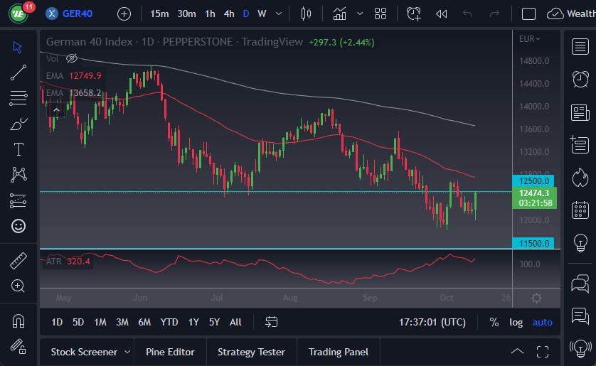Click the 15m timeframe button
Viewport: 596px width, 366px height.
point(160,14)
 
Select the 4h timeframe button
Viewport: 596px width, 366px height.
point(229,14)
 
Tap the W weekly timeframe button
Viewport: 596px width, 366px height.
point(262,14)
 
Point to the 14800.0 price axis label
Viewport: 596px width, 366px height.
point(535,61)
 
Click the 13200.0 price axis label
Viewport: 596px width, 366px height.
point(535,152)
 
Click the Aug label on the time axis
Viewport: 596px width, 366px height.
point(289,298)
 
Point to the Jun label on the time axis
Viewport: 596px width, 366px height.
point(139,298)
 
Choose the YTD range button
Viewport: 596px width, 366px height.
point(169,322)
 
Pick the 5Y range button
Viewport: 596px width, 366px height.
point(214,322)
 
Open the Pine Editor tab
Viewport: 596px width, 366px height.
point(170,352)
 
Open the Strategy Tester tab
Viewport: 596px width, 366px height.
point(251,352)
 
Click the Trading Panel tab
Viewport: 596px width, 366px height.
point(338,352)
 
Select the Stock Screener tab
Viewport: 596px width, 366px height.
point(83,352)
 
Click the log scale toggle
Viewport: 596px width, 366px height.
point(516,322)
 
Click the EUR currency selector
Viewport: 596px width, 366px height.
point(529,39)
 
